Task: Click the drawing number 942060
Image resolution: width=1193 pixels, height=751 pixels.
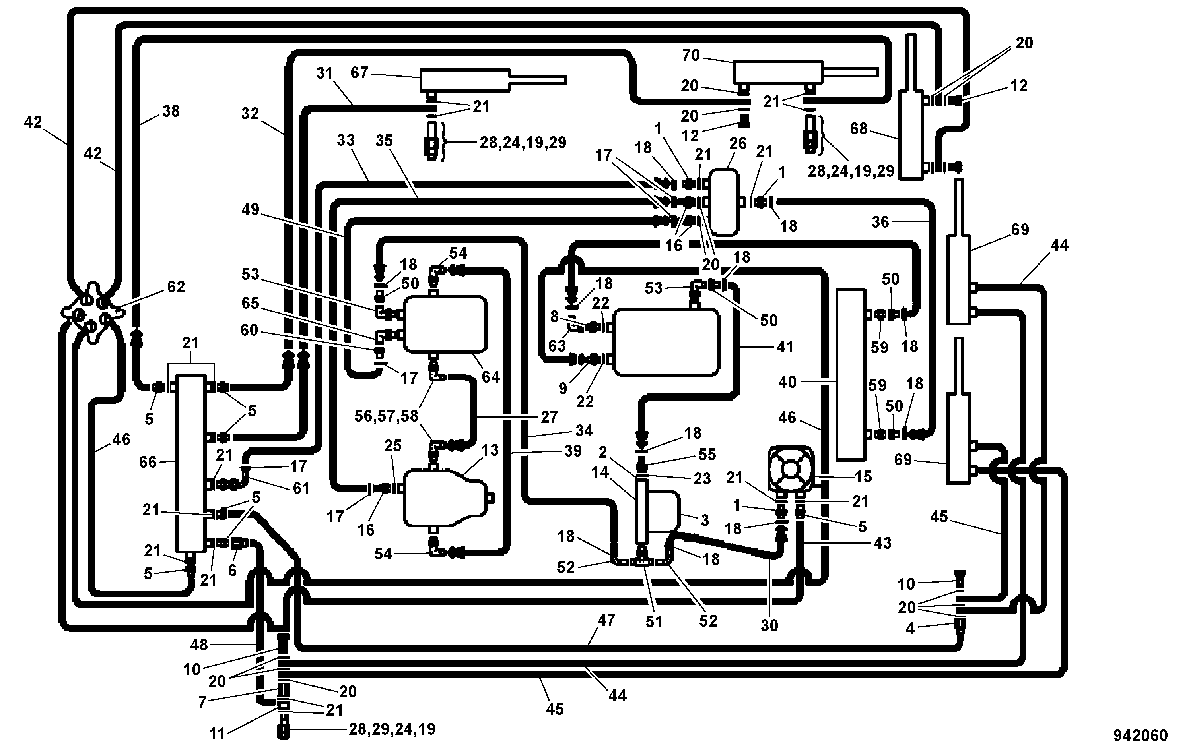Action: (1141, 736)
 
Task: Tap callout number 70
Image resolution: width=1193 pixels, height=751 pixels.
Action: (691, 56)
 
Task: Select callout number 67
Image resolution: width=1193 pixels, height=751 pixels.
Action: (359, 73)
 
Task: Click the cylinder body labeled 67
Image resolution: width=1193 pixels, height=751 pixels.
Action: (465, 80)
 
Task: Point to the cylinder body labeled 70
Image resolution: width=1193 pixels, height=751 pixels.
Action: (778, 72)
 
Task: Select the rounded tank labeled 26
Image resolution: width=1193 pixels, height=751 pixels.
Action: (724, 201)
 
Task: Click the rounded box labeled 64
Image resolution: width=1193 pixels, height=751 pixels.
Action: (445, 324)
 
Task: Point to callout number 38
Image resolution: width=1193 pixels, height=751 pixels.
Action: (171, 111)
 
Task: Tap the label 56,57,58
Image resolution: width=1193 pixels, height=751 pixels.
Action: (387, 416)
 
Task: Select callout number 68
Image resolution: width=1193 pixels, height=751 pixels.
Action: (859, 129)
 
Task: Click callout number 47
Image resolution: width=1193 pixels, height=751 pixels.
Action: (606, 620)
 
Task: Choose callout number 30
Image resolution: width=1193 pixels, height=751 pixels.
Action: (769, 625)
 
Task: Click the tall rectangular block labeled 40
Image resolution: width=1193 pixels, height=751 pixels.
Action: (851, 375)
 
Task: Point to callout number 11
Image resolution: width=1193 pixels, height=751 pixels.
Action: (218, 734)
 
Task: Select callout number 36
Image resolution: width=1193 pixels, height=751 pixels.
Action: (881, 222)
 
